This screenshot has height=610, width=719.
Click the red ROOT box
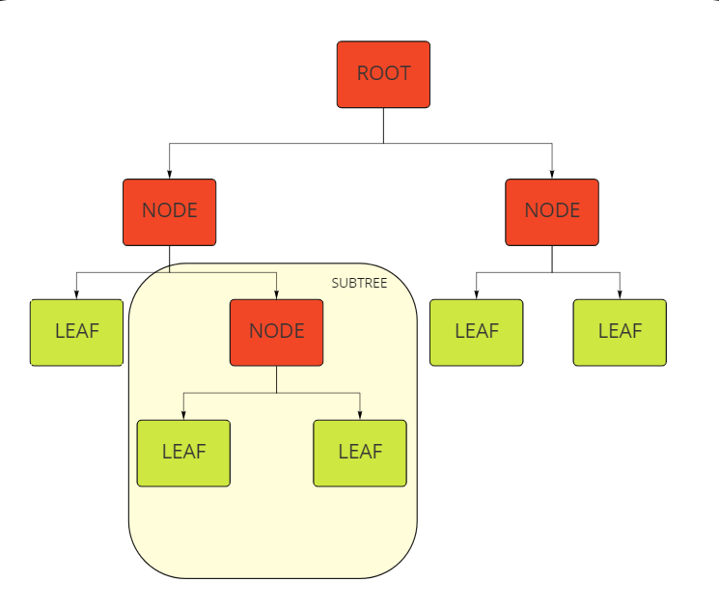pyautogui.click(x=383, y=74)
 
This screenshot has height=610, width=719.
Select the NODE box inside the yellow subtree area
pyautogui.click(x=276, y=332)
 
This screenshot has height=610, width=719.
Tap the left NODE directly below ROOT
pyautogui.click(x=170, y=211)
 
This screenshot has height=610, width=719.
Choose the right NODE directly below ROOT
pyautogui.click(x=552, y=211)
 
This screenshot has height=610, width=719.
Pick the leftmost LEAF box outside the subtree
pyautogui.click(x=77, y=332)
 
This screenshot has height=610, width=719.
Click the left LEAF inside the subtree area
pyautogui.click(x=183, y=453)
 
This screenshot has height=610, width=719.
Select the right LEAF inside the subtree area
pyautogui.click(x=360, y=453)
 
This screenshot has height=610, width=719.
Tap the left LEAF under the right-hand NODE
pyautogui.click(x=476, y=332)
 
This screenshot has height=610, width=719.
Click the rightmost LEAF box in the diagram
pyautogui.click(x=620, y=332)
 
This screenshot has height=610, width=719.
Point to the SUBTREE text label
pyautogui.click(x=359, y=284)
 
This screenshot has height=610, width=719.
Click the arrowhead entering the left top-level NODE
pyautogui.click(x=170, y=174)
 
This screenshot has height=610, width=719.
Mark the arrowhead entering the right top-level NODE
pyautogui.click(x=552, y=174)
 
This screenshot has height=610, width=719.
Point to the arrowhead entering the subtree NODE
pyautogui.click(x=277, y=294)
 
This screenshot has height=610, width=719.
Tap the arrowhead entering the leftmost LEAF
pyautogui.click(x=77, y=294)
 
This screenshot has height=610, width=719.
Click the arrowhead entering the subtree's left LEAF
pyautogui.click(x=183, y=415)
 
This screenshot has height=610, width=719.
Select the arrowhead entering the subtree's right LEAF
pyautogui.click(x=360, y=415)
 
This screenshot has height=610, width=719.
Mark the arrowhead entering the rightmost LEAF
pyautogui.click(x=620, y=294)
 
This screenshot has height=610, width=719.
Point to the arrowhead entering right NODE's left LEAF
pyautogui.click(x=476, y=294)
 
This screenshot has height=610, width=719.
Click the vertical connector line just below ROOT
pyautogui.click(x=383, y=125)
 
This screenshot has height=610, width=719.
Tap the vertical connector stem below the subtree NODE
pyautogui.click(x=276, y=379)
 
